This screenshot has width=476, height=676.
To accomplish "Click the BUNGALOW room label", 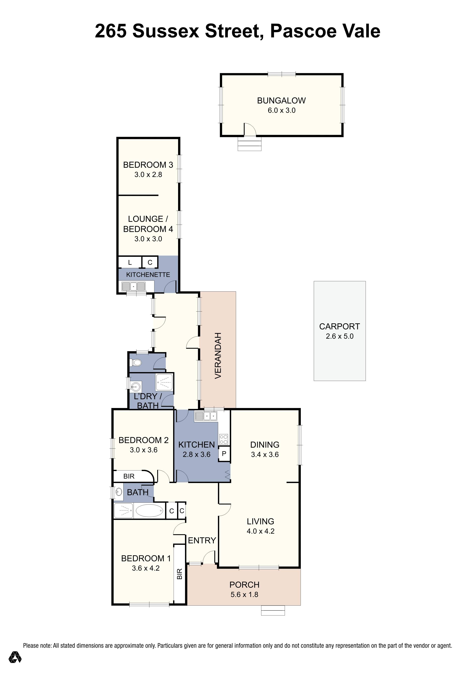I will tap(281, 101).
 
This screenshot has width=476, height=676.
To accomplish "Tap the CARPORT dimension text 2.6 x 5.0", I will tap(339, 336).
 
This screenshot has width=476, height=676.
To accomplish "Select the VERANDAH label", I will tap(218, 356).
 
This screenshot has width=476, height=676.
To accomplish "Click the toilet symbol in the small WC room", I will tap(136, 362).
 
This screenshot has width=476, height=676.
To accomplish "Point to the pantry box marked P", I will tap(224, 454).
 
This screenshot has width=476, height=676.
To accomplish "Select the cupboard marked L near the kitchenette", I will tap(130, 262).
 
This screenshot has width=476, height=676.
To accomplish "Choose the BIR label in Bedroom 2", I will tap(129, 476).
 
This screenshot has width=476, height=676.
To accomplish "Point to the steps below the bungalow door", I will tap(249, 145).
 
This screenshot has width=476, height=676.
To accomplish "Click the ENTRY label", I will tap(202, 540).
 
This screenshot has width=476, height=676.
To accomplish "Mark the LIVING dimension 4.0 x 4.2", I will tap(261, 531).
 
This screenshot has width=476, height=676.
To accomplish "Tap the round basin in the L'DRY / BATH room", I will tap(136, 386).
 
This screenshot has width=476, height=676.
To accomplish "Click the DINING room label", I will tap(265, 445).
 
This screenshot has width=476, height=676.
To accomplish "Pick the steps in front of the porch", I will tap(273, 610).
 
